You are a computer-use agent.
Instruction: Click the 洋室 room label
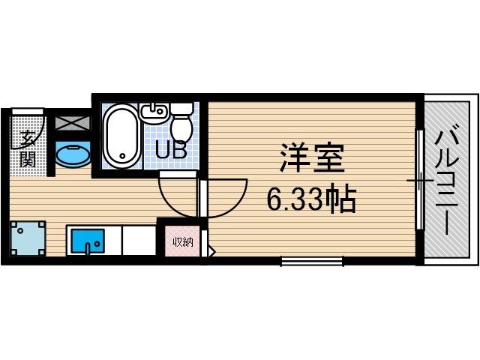312,157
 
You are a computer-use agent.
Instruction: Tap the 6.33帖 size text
312,199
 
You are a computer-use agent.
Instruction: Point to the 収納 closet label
183,242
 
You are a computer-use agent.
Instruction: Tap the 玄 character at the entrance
28,139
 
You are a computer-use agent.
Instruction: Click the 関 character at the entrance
28,159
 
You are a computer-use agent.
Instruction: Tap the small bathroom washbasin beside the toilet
154,113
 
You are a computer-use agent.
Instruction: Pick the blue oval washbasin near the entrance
73,155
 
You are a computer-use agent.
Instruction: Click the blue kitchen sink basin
88,241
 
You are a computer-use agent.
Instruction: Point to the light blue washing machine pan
28,238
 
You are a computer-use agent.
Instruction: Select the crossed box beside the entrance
73,123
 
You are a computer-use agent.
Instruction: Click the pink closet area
183,241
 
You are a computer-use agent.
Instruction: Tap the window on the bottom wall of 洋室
312,261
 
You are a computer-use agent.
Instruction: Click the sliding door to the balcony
420,180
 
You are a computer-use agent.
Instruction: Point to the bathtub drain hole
123,156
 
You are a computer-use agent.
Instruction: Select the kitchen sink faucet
88,248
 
